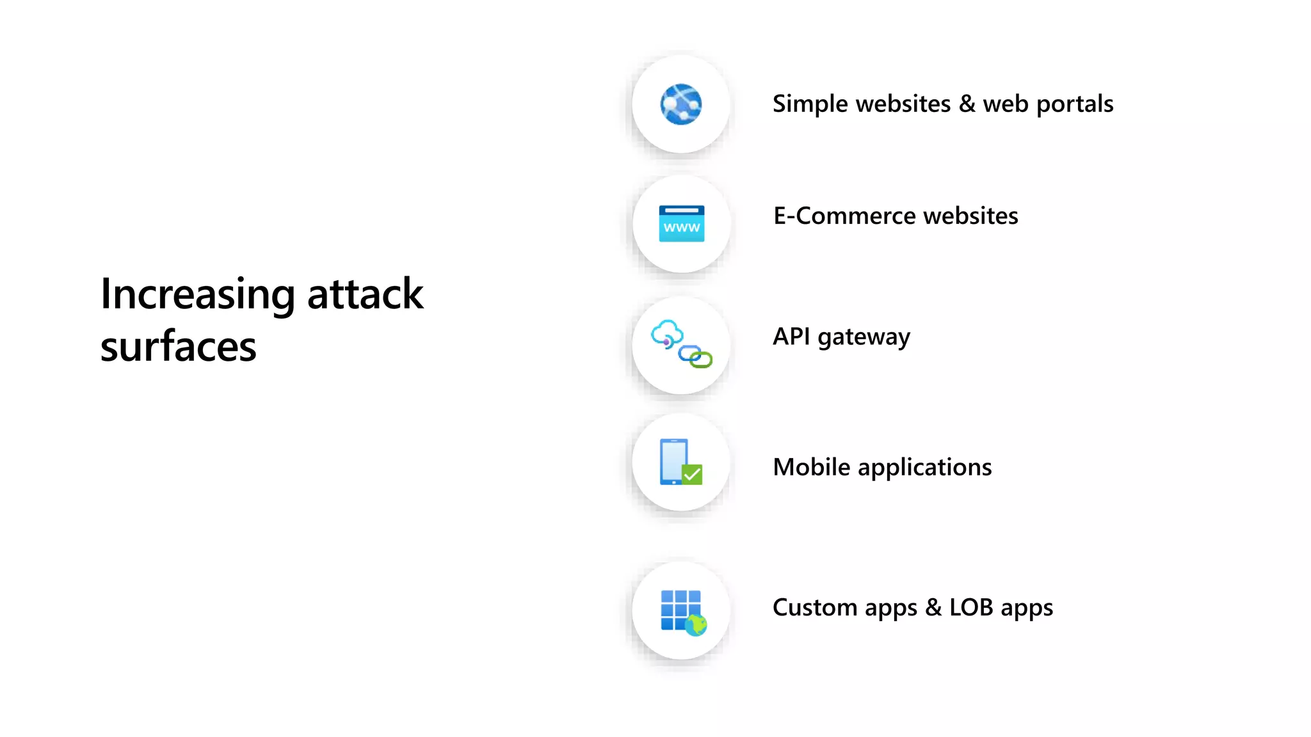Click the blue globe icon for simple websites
coord(680,104)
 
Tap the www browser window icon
coord(681,223)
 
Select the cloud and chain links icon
coord(681,344)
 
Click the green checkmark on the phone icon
coord(692,475)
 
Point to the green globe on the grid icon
coord(696,624)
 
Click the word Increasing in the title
coord(197,294)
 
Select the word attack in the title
coord(365,294)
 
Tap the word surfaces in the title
coord(178,347)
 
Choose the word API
coord(791,337)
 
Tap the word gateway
coord(864,338)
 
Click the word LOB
coord(970,607)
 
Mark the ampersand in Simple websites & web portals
coord(967,104)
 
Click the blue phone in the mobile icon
coord(673,461)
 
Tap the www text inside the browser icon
coord(681,228)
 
